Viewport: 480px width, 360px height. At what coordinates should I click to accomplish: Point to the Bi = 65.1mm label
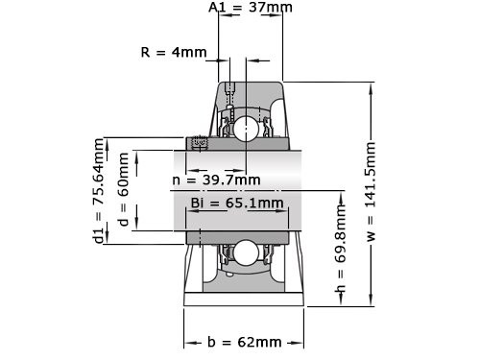(237, 204)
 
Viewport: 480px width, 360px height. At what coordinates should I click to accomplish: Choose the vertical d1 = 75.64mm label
(98, 191)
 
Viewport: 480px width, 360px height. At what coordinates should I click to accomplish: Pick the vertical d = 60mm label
(122, 191)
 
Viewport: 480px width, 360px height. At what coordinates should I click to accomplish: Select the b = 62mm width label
(244, 342)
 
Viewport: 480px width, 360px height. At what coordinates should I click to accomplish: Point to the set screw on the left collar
(201, 144)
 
